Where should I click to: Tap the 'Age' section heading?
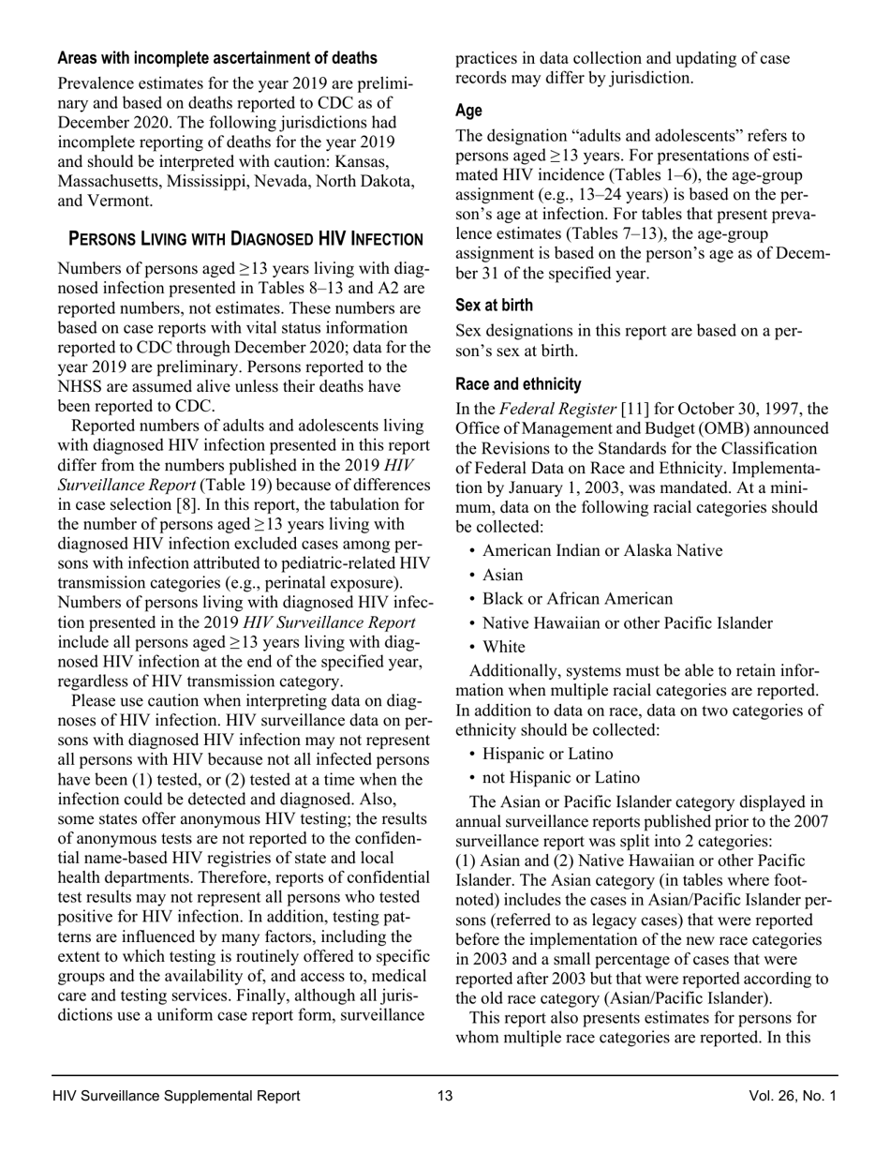pyautogui.click(x=468, y=111)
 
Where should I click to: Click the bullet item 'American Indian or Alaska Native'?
pyautogui.click(x=602, y=550)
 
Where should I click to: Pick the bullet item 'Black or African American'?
pyautogui.click(x=577, y=599)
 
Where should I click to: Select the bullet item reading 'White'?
pyautogui.click(x=504, y=647)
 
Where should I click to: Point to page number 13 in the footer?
pyautogui.click(x=444, y=1096)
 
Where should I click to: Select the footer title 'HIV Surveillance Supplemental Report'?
pyautogui.click(x=177, y=1096)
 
